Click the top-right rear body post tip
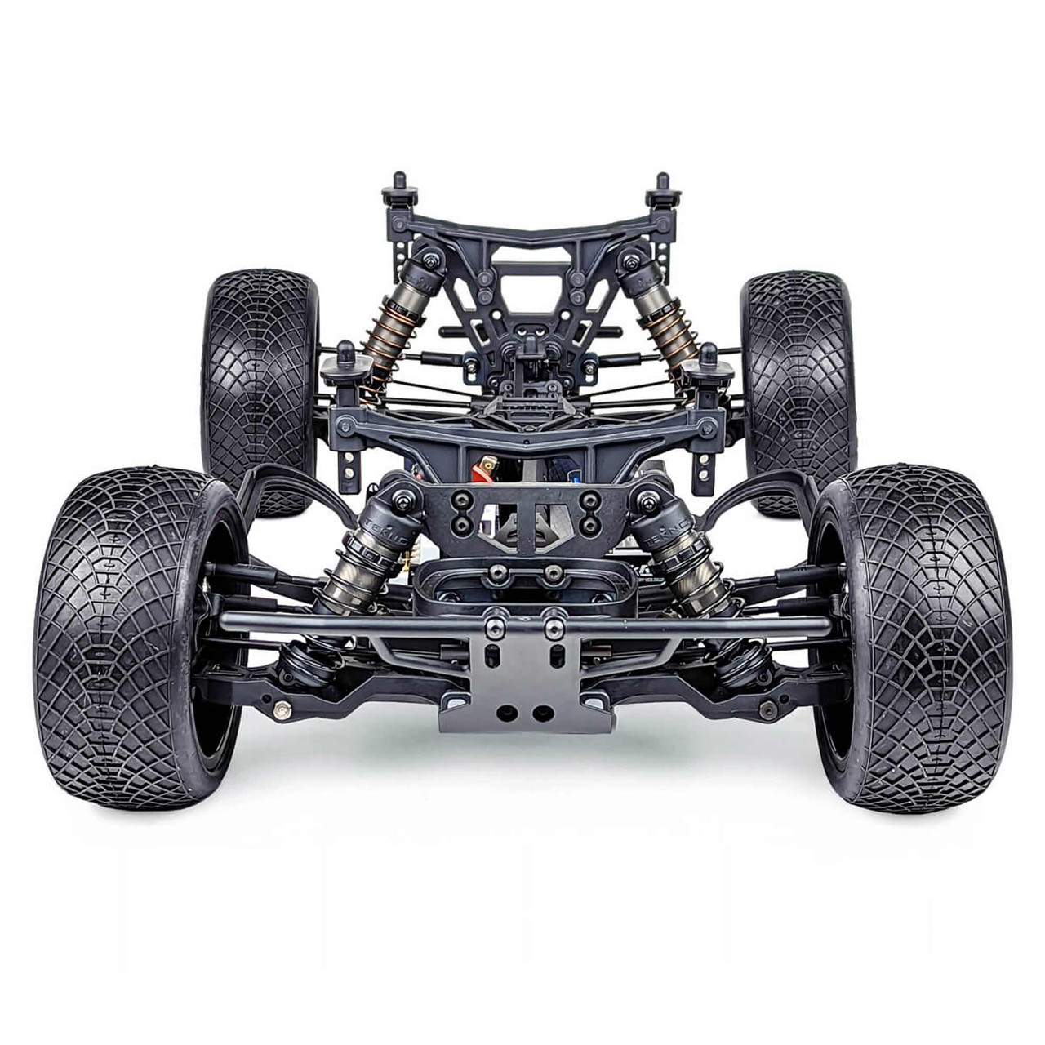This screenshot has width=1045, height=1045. tap(659, 180)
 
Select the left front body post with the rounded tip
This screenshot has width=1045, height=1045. tap(343, 355)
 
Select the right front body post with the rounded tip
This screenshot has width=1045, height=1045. tap(706, 355)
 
